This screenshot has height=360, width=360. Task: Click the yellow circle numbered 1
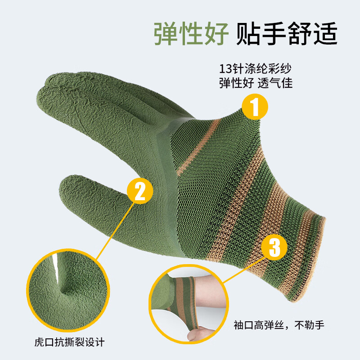[x=255, y=107]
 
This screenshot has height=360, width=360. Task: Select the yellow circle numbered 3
[x=274, y=247]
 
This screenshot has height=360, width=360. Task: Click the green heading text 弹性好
[x=191, y=34]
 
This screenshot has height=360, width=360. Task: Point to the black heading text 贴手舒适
[x=287, y=34]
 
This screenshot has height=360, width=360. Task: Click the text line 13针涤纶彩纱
[x=255, y=68]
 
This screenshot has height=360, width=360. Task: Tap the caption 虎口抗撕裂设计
[x=70, y=342]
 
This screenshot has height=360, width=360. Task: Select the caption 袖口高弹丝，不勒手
[x=279, y=325]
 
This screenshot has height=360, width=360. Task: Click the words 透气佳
[x=275, y=83]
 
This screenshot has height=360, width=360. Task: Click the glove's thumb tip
[x=65, y=184]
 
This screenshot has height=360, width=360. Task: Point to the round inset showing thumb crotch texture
[x=68, y=290]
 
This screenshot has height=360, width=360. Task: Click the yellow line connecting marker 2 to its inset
[x=115, y=231]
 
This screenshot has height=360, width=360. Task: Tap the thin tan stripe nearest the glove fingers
[x=198, y=147]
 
